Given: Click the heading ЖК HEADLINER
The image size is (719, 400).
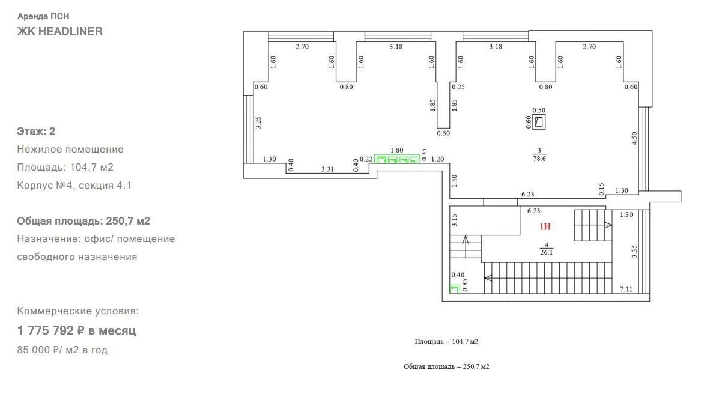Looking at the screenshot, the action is pyautogui.click(x=59, y=31).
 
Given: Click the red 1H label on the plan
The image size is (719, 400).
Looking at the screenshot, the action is pyautogui.click(x=545, y=226).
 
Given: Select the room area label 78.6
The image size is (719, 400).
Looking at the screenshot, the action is pyautogui.click(x=539, y=158).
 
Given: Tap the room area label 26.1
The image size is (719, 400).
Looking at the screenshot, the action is pyautogui.click(x=546, y=252).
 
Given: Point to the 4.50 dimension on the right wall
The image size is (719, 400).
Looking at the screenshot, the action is pyautogui.click(x=634, y=138).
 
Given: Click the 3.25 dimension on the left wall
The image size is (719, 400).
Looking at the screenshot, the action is pyautogui.click(x=258, y=122).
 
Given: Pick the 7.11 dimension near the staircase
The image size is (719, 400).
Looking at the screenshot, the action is pyautogui.click(x=626, y=289).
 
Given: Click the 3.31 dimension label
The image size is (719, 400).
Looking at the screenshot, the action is pyautogui.click(x=327, y=169).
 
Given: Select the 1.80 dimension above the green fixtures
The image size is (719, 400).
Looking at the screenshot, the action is pyautogui.click(x=396, y=150).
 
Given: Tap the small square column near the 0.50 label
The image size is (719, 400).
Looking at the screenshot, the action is pyautogui.click(x=539, y=122).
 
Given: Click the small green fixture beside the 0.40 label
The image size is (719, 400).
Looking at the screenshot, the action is pyautogui.click(x=455, y=289).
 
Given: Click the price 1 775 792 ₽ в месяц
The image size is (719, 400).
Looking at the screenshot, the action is pyautogui.click(x=76, y=330).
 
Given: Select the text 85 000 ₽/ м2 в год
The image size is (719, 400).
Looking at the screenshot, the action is pyautogui.click(x=62, y=350).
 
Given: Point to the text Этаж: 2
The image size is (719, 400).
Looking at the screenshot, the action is pyautogui.click(x=36, y=131).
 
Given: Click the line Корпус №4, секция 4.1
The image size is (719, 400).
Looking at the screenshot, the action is pyautogui.click(x=74, y=186).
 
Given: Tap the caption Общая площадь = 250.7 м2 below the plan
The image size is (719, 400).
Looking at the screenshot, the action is pyautogui.click(x=447, y=366).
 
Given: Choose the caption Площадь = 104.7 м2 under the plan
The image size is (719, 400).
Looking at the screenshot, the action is pyautogui.click(x=447, y=341).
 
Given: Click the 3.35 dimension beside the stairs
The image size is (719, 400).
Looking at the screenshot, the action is pyautogui.click(x=634, y=252).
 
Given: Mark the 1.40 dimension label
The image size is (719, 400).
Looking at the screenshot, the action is pyautogui.click(x=454, y=181).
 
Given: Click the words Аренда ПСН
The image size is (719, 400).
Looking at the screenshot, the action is pyautogui.click(x=43, y=16).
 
